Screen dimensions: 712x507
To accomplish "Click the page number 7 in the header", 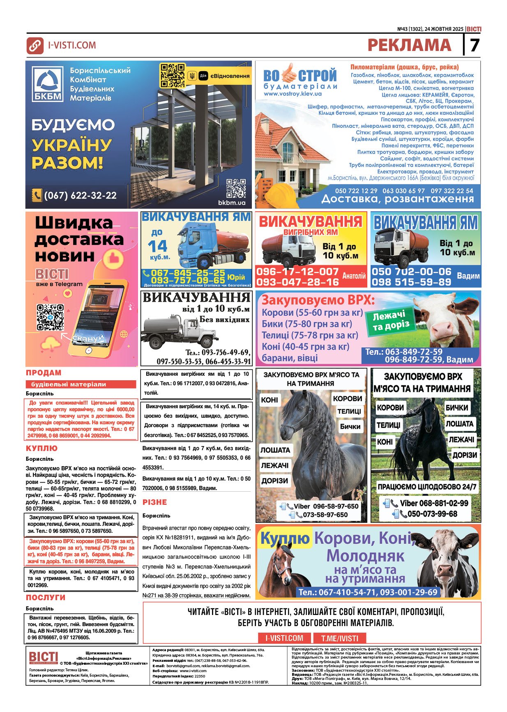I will (475, 45).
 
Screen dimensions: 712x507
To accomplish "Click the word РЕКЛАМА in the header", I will (409, 45).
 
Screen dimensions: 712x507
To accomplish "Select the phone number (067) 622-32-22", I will (80, 195).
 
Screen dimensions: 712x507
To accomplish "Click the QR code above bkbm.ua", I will (236, 188).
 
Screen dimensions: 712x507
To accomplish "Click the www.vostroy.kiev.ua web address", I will (293, 94).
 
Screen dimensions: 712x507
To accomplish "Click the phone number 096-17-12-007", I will (297, 271).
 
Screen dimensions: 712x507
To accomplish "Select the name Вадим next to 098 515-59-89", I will (468, 276).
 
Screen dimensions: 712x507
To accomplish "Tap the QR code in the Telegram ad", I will (50, 317).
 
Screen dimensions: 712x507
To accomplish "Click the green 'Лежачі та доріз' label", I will (391, 321).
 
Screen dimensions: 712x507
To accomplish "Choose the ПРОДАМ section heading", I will (44, 373).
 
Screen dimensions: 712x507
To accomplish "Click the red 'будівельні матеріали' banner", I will (81, 384).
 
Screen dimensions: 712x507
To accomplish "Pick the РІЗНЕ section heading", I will (154, 502).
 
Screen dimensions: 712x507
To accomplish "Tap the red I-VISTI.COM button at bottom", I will (284, 638).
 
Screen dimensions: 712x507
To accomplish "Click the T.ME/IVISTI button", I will (339, 638).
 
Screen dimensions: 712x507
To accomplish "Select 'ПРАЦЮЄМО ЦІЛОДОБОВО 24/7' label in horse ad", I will (427, 487).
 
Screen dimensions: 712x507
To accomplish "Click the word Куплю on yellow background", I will (285, 538).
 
